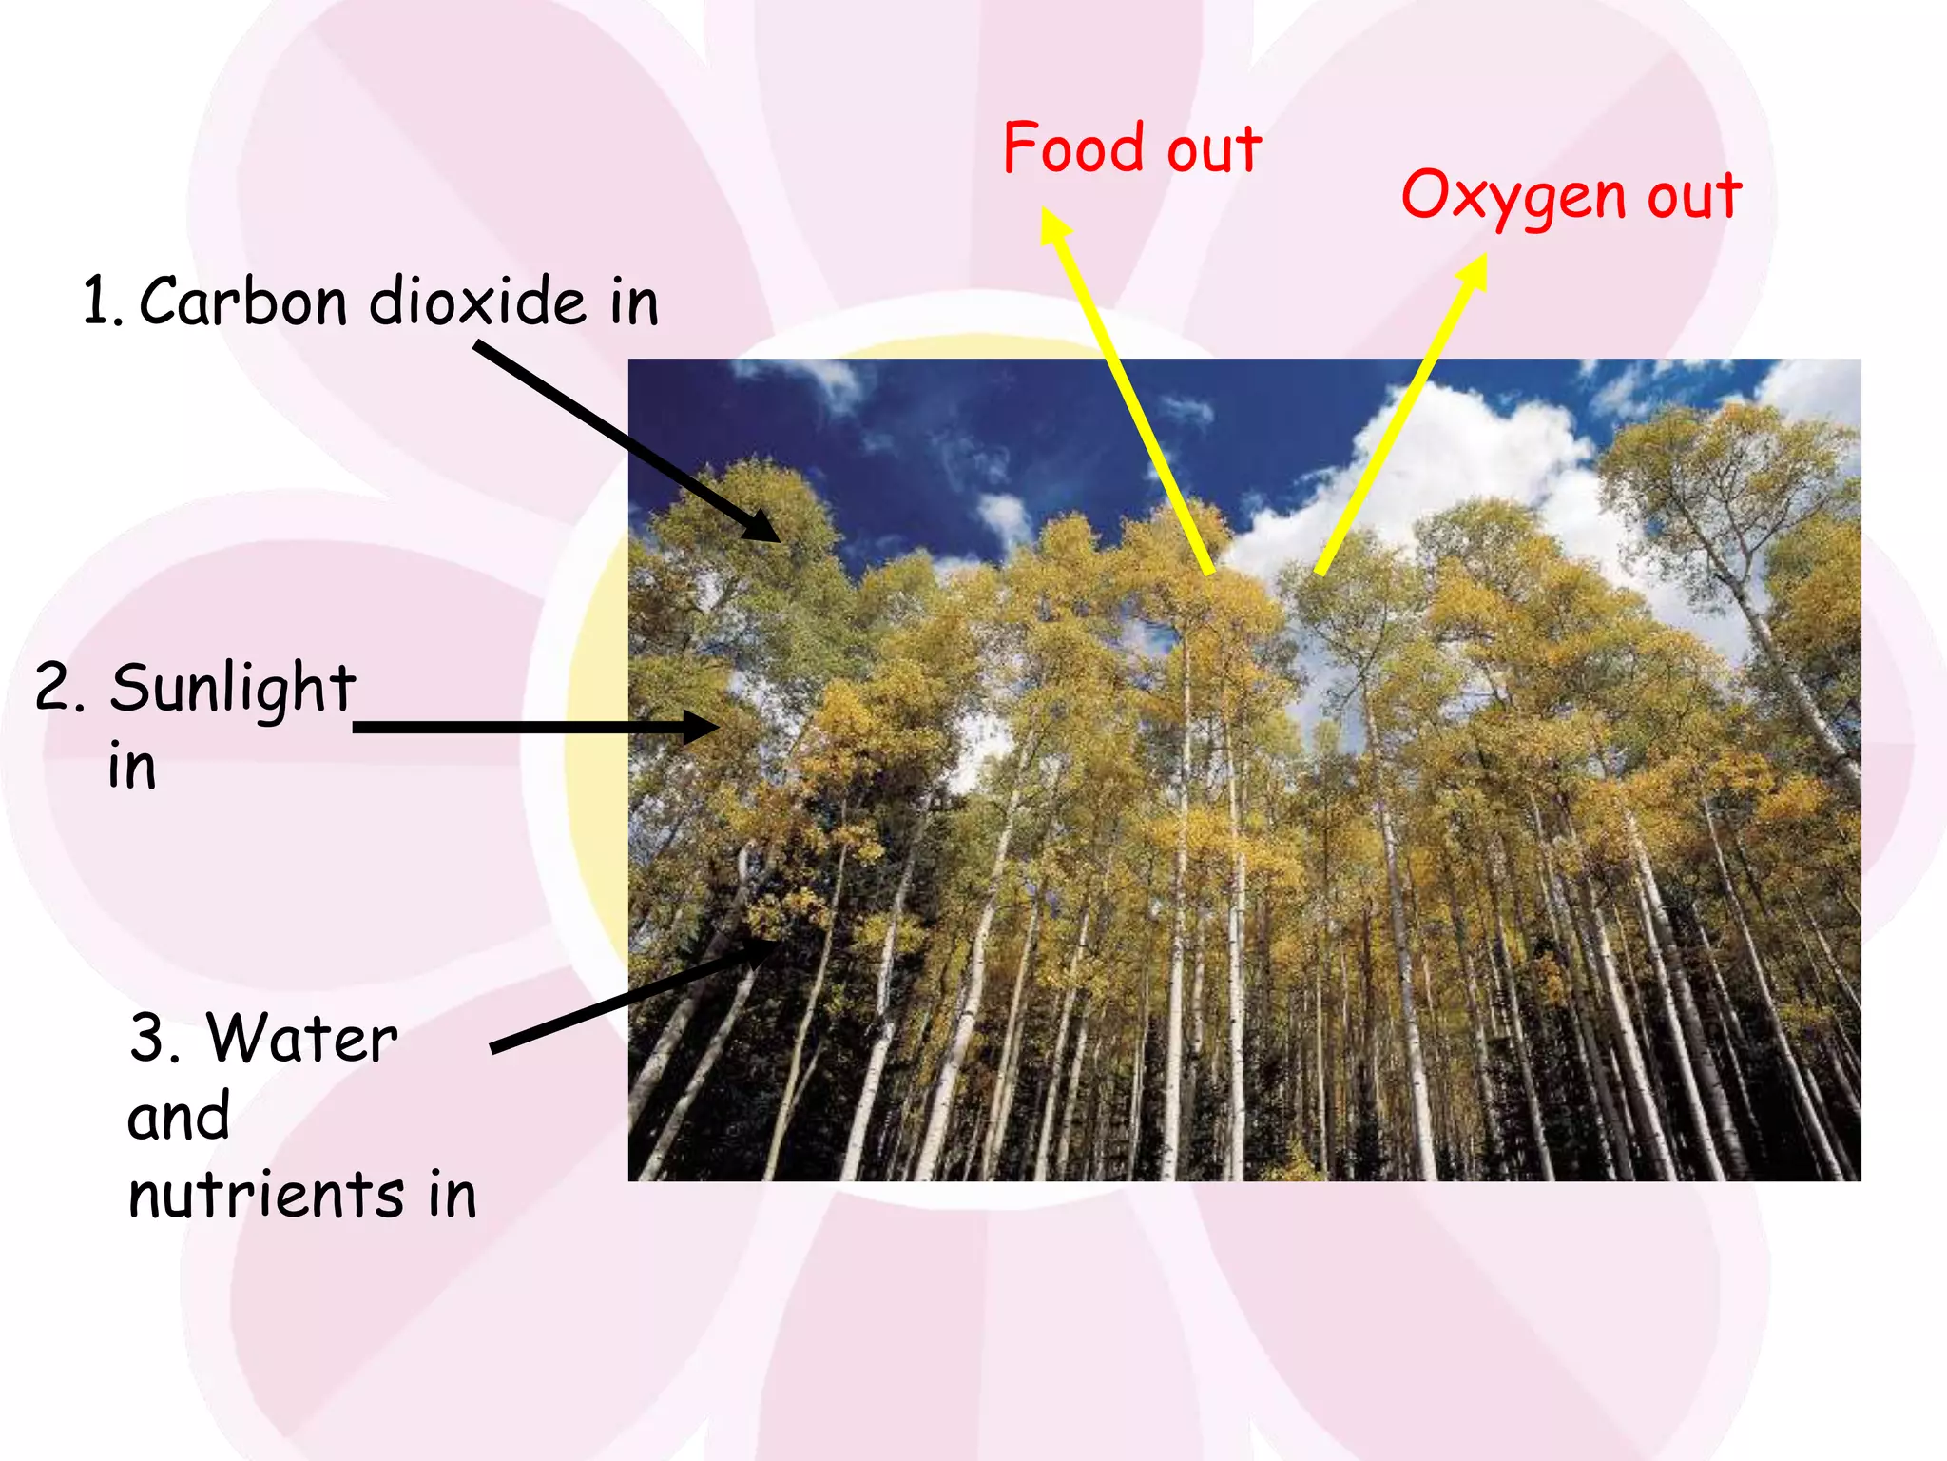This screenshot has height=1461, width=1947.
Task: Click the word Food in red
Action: coord(1073,148)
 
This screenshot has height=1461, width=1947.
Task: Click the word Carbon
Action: coord(243,302)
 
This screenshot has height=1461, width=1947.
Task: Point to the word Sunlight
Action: coord(233,688)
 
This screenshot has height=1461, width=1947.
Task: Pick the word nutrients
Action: coord(266,1195)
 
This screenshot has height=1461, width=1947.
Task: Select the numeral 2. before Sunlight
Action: coord(59,688)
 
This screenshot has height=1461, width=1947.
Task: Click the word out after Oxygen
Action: coord(1694,196)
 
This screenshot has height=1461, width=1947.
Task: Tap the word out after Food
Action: coord(1214,150)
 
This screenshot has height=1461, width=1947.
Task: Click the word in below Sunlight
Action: coord(132,767)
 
